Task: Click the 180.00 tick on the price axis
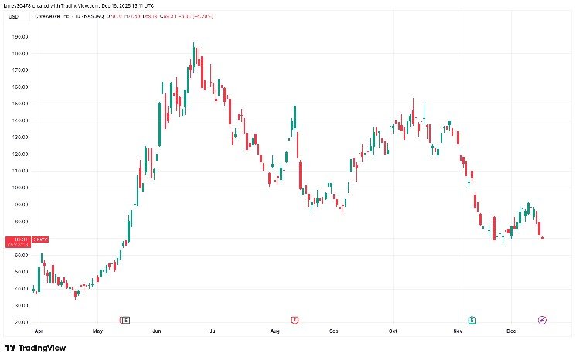point(21,53)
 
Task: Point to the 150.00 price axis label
point(21,104)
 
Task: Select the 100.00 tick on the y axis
point(21,188)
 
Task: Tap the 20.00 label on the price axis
point(21,322)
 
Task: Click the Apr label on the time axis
point(37,331)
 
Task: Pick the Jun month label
point(156,331)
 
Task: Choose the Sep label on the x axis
point(334,331)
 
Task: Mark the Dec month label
point(511,331)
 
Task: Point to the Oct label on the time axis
point(393,331)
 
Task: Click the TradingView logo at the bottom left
point(35,348)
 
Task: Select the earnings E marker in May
point(125,319)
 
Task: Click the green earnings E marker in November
point(472,319)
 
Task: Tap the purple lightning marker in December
point(543,319)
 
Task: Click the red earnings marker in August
point(295,319)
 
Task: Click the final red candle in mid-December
point(543,237)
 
